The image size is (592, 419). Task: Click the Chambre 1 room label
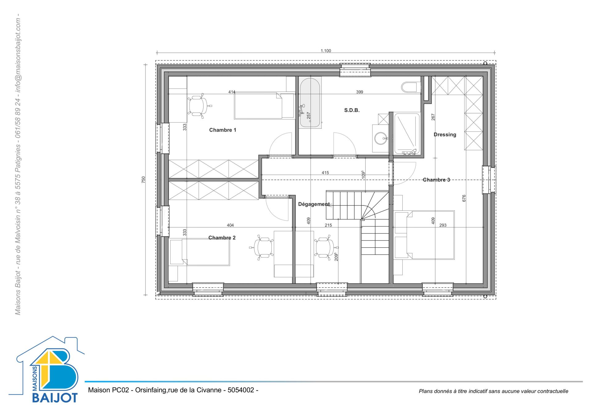[223, 130]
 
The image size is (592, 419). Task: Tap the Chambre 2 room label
[222, 238]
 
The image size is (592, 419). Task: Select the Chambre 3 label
[436, 180]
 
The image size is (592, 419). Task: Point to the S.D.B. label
[352, 110]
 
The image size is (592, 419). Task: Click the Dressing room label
[445, 135]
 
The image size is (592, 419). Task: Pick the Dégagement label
[314, 204]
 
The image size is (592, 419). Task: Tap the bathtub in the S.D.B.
[310, 102]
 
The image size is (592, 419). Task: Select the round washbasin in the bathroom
[381, 139]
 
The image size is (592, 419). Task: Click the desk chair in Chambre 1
[198, 106]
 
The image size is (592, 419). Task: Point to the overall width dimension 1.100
[326, 51]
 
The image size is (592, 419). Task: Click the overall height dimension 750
[143, 180]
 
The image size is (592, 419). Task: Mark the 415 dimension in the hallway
[325, 173]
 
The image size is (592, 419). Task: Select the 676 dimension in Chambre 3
[464, 198]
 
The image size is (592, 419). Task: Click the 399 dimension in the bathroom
[360, 92]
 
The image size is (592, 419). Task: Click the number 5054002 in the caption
[240, 390]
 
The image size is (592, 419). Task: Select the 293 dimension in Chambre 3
[443, 225]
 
